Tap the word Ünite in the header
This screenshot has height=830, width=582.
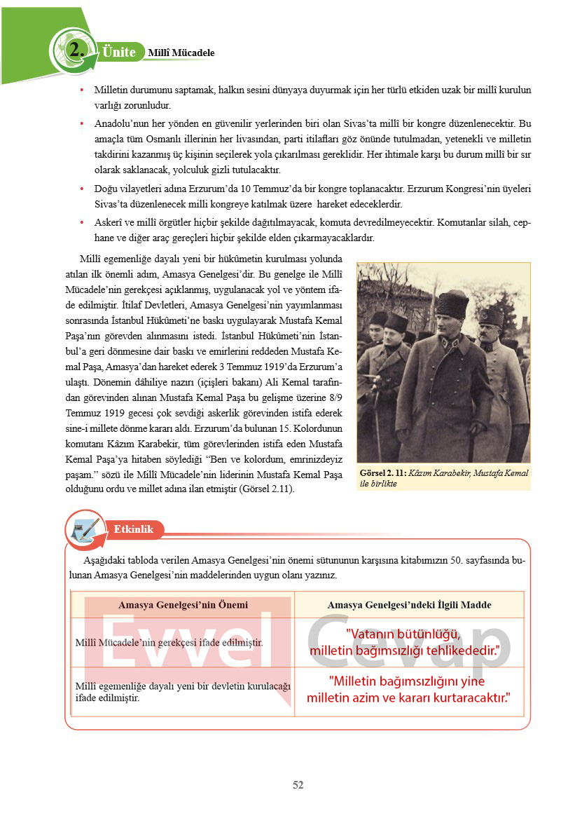(x=118, y=52)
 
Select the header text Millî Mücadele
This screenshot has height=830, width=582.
(x=181, y=53)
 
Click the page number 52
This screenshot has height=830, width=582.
(x=298, y=785)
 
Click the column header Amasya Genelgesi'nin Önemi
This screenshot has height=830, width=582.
(x=183, y=604)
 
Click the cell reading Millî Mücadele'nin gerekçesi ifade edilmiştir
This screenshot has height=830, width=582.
(x=169, y=642)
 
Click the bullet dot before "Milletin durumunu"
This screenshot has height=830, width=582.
(x=82, y=90)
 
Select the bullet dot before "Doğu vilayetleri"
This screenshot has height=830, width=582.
(x=82, y=189)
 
